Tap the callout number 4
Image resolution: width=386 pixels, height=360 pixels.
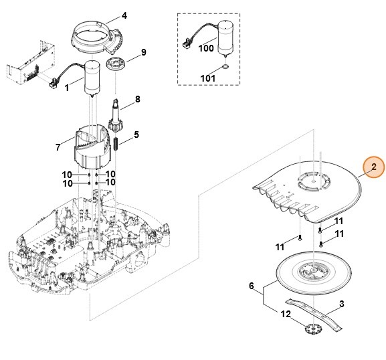tap(123, 15)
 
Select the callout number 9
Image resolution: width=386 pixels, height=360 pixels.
tap(143, 52)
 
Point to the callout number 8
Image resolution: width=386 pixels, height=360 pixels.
tap(137, 99)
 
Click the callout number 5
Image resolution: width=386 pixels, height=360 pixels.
tap(136, 134)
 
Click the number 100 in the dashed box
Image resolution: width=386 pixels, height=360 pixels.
tap(206, 48)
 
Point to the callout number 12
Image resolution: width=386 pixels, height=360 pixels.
tap(286, 313)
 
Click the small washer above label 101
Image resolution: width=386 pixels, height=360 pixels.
tap(225, 68)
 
